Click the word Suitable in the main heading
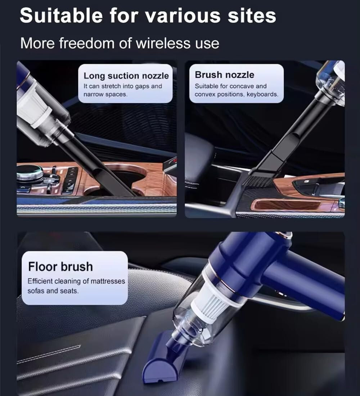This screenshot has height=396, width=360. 61,15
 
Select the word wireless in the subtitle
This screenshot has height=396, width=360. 163,43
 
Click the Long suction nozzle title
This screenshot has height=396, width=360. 126,76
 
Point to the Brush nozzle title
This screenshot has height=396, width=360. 224,75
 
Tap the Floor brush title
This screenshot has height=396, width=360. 60,267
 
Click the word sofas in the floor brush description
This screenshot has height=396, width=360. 36,291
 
